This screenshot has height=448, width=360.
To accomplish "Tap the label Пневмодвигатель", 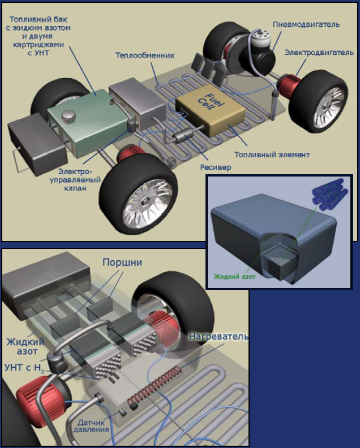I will [306, 25].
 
